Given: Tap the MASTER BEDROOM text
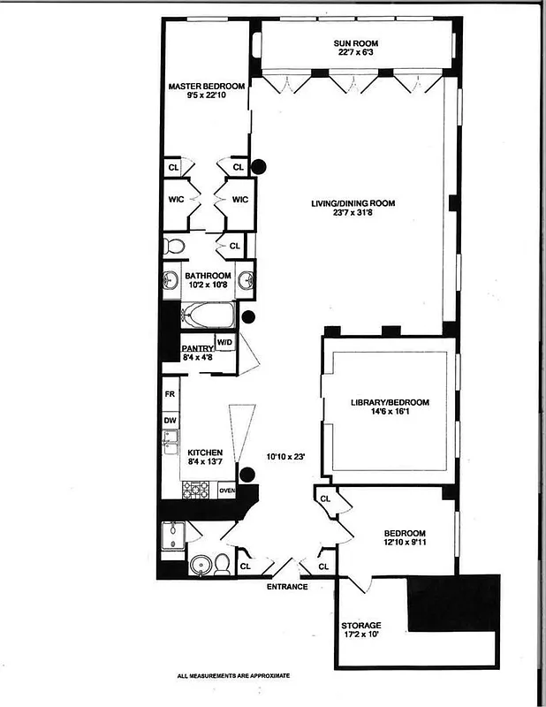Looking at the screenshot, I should (x=207, y=86).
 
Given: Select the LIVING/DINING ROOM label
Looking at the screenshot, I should (x=353, y=203).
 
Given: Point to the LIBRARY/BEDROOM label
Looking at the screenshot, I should (x=389, y=402).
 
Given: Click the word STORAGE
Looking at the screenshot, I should (x=361, y=625).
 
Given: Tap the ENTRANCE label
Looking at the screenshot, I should (x=287, y=587).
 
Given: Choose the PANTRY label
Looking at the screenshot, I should (x=198, y=348).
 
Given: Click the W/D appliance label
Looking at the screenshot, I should (x=225, y=342).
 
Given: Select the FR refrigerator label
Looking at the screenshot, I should (x=169, y=394).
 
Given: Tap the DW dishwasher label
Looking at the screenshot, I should (x=169, y=421).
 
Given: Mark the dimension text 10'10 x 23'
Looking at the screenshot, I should (x=286, y=457).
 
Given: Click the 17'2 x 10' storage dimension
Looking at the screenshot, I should (x=361, y=636).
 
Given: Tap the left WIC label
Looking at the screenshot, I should (x=176, y=200).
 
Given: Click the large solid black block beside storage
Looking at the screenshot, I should (x=452, y=603).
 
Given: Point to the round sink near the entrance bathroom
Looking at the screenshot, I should (x=201, y=565).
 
